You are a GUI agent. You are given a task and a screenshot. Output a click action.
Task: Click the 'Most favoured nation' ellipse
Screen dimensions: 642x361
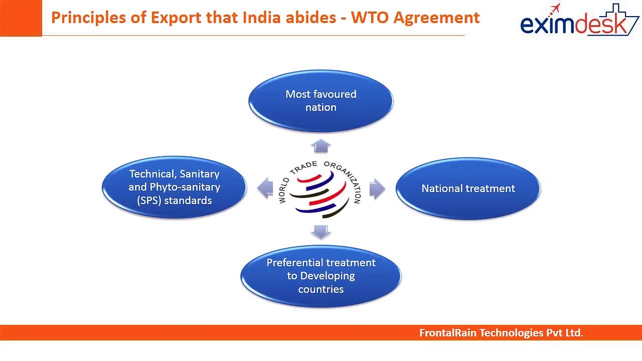(320, 101)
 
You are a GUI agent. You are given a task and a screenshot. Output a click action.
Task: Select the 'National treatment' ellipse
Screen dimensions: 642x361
(468, 189)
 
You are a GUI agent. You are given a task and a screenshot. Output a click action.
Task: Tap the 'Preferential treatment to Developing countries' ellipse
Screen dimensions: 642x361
(320, 276)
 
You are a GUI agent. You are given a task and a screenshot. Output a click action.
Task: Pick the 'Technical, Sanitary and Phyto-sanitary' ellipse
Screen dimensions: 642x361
(174, 187)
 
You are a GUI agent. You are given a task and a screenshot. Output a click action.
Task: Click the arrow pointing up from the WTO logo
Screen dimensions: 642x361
(320, 146)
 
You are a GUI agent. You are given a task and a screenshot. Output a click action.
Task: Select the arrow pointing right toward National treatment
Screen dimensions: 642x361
(377, 189)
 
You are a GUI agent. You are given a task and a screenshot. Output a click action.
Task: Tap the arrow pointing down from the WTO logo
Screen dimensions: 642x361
(320, 232)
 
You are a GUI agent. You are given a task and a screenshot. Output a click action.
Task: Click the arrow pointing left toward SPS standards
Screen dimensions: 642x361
(265, 188)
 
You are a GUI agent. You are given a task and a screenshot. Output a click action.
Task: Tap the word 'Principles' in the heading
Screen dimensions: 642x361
(89, 18)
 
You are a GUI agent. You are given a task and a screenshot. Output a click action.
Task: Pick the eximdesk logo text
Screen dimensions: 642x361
(573, 25)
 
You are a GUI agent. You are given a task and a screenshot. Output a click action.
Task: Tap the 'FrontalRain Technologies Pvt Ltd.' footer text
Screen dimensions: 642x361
(501, 333)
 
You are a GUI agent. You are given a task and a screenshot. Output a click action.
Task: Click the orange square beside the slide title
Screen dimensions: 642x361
(21, 18)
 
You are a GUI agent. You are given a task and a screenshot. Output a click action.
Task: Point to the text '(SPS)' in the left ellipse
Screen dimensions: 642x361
(149, 201)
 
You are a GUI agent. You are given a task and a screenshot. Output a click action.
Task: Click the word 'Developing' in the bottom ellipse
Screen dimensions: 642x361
(328, 276)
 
